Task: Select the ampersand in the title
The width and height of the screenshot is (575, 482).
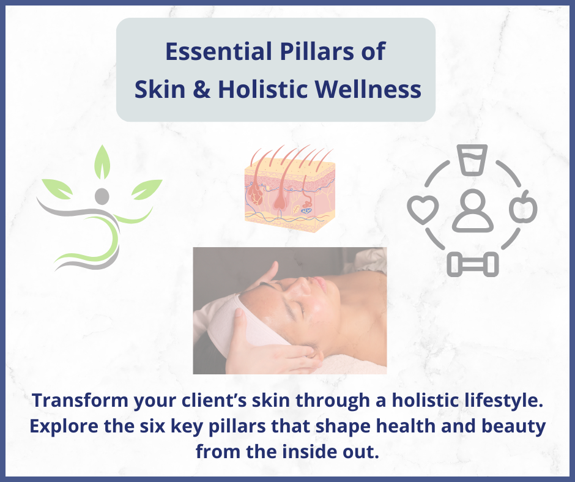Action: (x=201, y=89)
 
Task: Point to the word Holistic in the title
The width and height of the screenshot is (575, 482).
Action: (x=262, y=89)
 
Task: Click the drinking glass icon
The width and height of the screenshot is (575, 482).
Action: (x=472, y=159)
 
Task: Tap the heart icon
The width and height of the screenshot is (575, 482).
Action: (x=423, y=209)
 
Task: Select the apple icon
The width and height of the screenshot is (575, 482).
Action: (x=523, y=207)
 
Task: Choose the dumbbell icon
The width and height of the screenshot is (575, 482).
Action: (x=472, y=264)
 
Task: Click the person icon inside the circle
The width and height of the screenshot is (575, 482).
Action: (x=472, y=211)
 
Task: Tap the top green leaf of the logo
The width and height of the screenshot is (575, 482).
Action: (x=102, y=162)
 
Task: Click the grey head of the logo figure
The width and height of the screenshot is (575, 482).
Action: (x=102, y=196)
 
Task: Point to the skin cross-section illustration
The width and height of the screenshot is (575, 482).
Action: (x=289, y=188)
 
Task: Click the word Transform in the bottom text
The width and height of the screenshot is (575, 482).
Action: (x=80, y=400)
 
